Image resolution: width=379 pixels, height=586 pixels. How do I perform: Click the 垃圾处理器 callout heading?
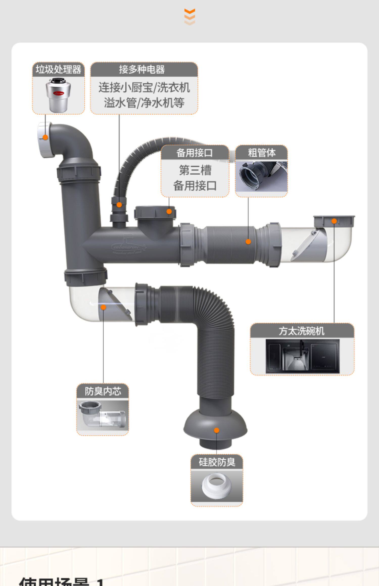[x=58, y=69]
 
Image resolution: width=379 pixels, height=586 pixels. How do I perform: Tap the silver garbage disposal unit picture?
[x=58, y=95]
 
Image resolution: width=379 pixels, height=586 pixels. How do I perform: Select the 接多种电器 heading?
[x=142, y=69]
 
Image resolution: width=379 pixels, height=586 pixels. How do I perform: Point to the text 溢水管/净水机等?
[x=144, y=103]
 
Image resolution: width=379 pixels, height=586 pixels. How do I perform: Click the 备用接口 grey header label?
[x=195, y=153]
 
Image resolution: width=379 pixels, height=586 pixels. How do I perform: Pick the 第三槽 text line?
[x=195, y=170]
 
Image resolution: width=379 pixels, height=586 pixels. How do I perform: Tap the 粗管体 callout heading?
[x=262, y=153]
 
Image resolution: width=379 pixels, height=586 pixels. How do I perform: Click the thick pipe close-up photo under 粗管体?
[x=262, y=176]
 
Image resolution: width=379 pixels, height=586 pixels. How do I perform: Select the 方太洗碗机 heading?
[x=302, y=331]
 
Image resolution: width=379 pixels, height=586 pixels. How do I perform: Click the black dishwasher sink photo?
[x=302, y=356]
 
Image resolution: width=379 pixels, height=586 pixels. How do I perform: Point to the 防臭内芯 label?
[x=103, y=391]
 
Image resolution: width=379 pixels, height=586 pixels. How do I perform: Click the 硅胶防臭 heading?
[x=217, y=462]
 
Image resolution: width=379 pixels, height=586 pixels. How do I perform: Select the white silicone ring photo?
[x=217, y=486]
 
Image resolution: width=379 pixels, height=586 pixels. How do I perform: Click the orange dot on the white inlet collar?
[x=45, y=137]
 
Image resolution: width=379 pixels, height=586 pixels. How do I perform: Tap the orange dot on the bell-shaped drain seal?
[x=217, y=430]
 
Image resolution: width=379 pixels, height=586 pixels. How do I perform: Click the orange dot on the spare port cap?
[x=169, y=211]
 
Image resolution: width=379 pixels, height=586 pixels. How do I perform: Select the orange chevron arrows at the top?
[x=189, y=17]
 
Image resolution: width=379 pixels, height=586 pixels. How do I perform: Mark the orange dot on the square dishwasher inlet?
[x=334, y=221]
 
